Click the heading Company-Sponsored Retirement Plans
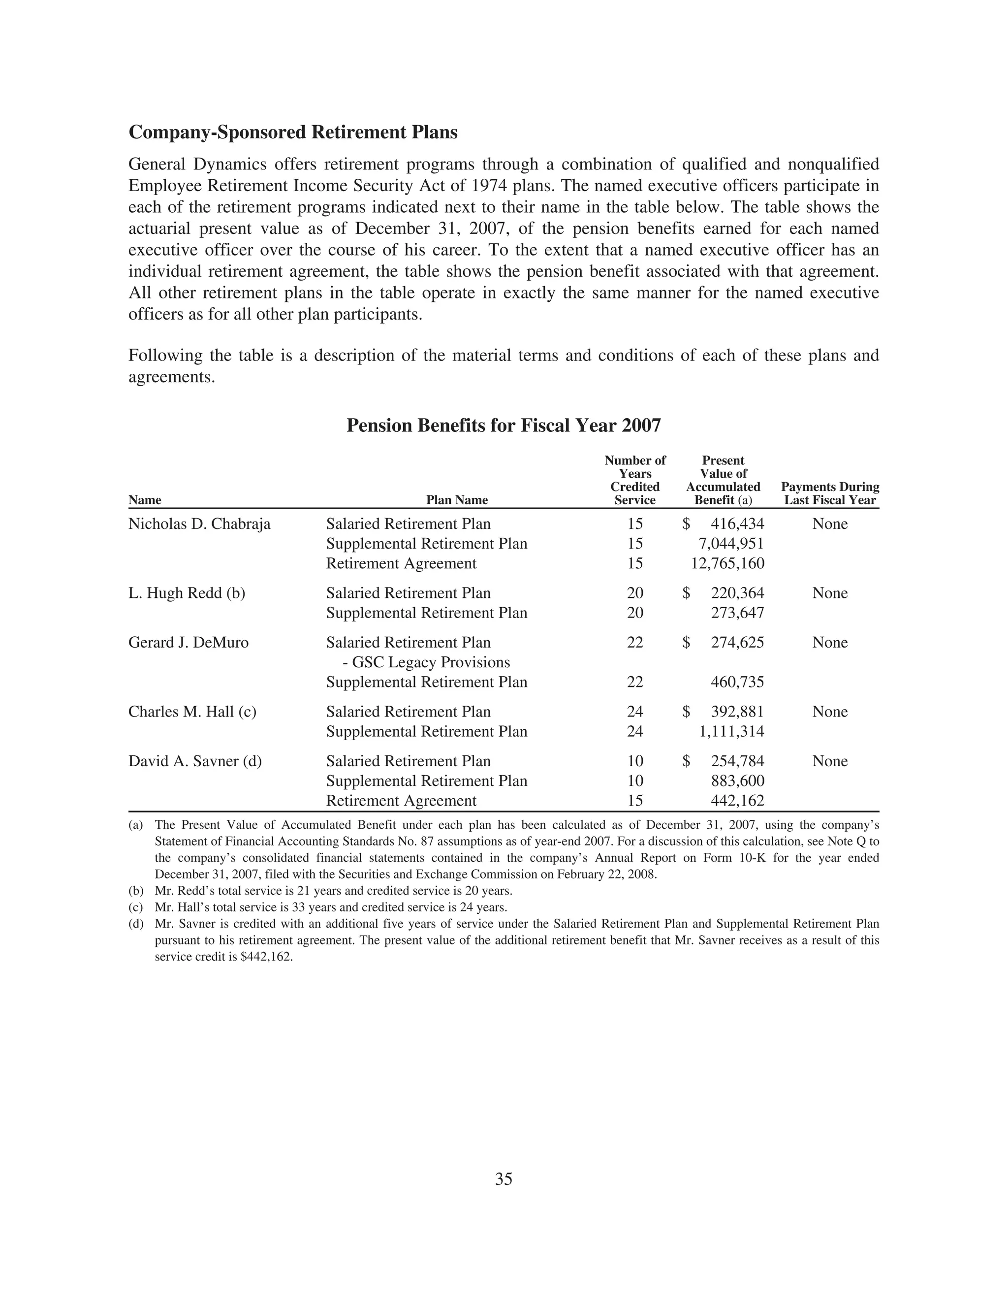pos(293,132)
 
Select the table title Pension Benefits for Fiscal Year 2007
pos(504,425)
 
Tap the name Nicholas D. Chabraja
pos(199,524)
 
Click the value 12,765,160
pos(727,563)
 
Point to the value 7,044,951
pos(731,544)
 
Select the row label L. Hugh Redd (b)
pos(187,593)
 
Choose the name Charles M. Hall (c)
pos(192,712)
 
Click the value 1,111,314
pos(731,731)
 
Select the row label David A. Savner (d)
pos(195,761)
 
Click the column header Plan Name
pos(457,500)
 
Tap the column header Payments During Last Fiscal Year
pos(829,493)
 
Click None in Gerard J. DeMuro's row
pos(829,643)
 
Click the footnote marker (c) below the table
pos(135,907)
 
